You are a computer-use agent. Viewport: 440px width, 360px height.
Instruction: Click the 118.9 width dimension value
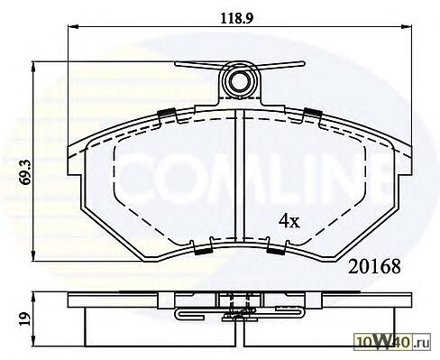point(237,19)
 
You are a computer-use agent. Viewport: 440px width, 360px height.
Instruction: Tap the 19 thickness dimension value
point(24,318)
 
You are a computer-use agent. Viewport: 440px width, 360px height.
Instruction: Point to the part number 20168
point(374,267)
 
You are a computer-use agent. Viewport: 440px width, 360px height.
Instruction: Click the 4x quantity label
point(289,222)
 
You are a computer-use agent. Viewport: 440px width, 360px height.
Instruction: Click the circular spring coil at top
point(241,80)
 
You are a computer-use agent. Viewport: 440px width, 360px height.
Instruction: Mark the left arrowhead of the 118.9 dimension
point(73,27)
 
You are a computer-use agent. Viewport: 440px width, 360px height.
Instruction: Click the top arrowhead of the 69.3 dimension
point(33,67)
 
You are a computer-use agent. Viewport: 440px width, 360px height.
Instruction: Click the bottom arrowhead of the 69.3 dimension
point(33,256)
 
